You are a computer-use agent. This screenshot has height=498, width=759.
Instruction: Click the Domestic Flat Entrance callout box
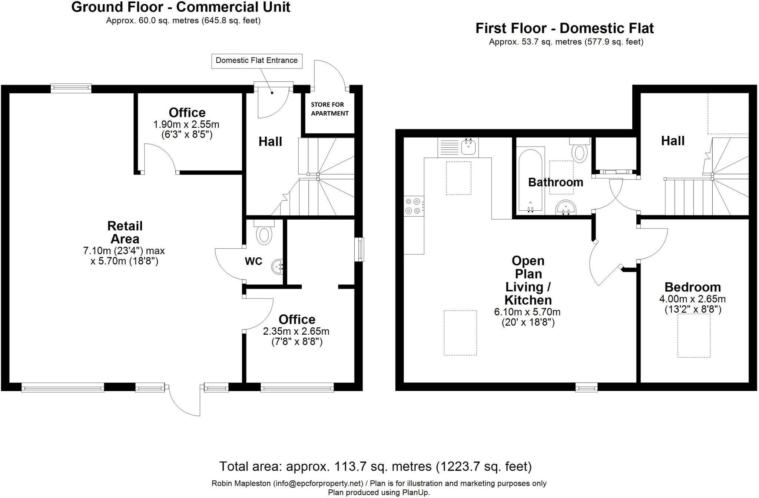pos(256,61)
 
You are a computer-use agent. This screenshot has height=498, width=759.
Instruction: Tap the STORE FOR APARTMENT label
pos(329,109)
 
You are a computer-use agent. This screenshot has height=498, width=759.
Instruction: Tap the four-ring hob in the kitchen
pos(413,206)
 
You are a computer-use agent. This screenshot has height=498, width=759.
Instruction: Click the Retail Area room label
pos(125,232)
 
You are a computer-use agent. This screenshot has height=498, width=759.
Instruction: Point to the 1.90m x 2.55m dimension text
pos(186,124)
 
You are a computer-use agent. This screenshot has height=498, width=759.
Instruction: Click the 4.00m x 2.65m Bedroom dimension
pos(692,299)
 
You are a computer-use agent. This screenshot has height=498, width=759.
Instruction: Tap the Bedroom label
pos(692,287)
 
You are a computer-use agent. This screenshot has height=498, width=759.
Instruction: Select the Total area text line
pos(375,466)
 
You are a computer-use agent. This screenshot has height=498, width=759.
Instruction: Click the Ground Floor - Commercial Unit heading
pos(180,7)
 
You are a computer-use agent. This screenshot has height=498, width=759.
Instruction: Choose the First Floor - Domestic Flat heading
pos(564,29)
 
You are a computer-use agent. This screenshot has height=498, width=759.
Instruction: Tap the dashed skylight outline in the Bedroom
pos(694,335)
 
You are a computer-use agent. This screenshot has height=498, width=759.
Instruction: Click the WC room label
pos(253,261)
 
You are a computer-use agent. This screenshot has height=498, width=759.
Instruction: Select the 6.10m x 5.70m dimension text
pos(527,312)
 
